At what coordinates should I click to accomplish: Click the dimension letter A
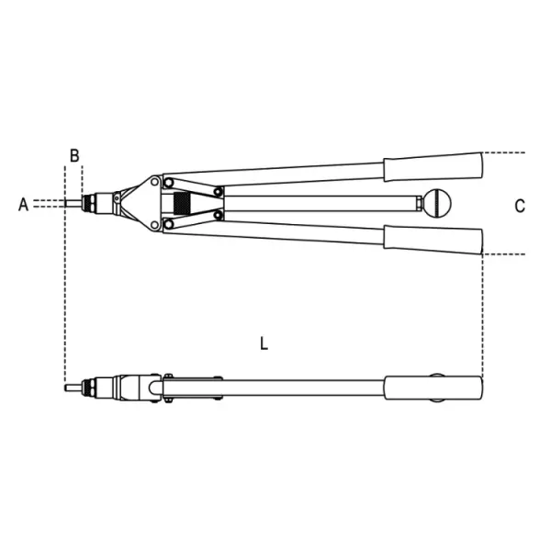tap(23, 204)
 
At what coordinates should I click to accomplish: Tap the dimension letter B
tap(74, 156)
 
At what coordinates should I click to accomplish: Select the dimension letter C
tap(520, 206)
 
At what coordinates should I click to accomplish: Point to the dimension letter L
tap(264, 343)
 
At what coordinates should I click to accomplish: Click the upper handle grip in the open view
tap(433, 167)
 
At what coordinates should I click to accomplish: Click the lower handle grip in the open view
tap(433, 240)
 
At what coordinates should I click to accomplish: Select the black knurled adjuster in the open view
tap(183, 203)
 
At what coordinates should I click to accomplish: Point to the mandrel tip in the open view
tap(73, 203)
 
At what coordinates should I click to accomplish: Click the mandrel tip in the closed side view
tap(73, 388)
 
